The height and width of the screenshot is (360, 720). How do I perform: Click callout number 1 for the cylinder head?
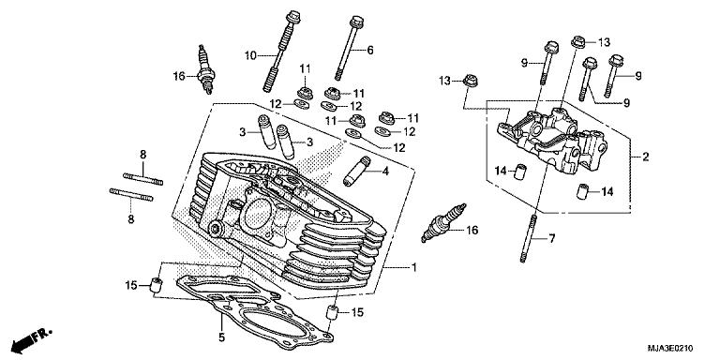(413, 268)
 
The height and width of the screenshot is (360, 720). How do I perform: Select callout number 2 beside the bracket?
(646, 158)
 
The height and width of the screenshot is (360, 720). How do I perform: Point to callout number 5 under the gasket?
(220, 337)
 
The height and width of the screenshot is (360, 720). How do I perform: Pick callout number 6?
(370, 50)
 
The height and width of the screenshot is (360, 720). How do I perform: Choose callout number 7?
(551, 239)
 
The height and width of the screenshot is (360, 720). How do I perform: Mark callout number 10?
(250, 56)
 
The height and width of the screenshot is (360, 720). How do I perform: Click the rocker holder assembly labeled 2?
(553, 141)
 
